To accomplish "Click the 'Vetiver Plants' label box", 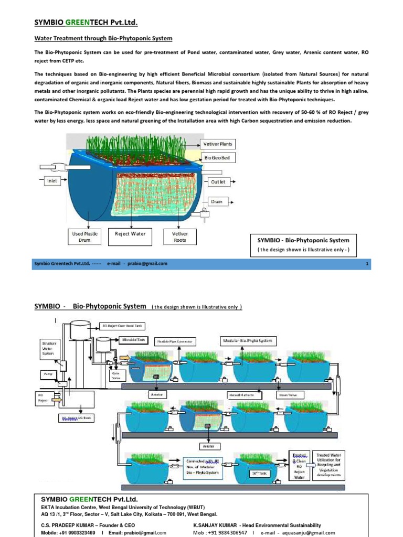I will [x=218, y=144].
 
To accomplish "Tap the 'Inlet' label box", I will [x=52, y=181].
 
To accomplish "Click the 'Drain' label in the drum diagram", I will [x=217, y=201].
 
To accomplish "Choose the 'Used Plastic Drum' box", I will [x=84, y=237].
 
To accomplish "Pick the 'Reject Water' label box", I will [x=130, y=233].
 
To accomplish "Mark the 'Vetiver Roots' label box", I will [x=179, y=237].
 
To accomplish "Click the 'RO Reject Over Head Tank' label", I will [x=122, y=326].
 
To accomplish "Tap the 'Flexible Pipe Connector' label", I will [x=175, y=341].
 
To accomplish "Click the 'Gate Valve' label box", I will [x=116, y=375].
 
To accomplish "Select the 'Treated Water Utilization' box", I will [x=328, y=464].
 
